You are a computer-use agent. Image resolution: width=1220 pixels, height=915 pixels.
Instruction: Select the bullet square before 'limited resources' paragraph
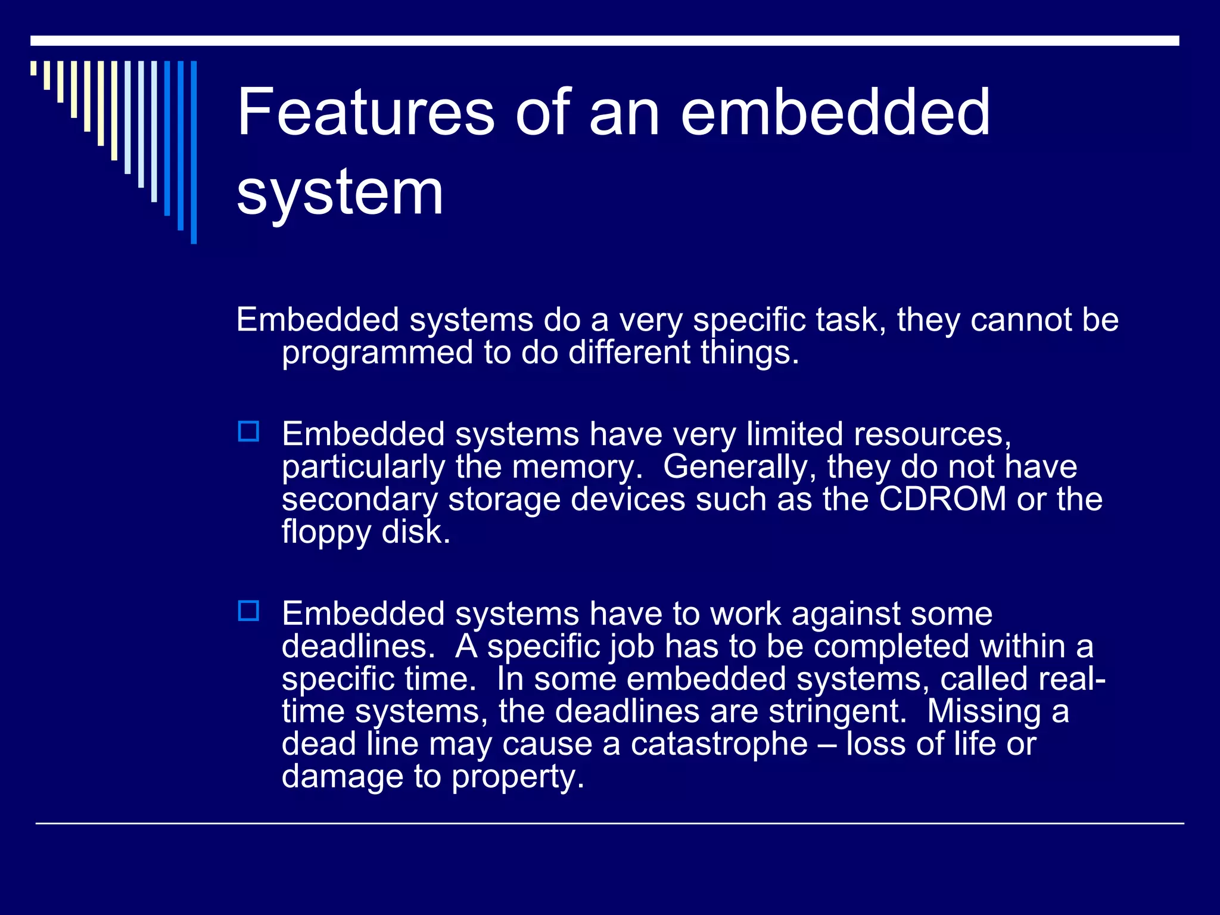tap(248, 431)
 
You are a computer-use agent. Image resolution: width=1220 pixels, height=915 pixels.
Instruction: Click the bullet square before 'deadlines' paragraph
tap(248, 611)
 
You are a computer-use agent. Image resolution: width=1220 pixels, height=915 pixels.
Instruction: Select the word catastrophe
tap(719, 744)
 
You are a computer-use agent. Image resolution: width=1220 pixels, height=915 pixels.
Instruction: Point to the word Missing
tap(983, 711)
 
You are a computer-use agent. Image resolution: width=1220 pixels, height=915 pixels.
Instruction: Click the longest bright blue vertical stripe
tap(194, 152)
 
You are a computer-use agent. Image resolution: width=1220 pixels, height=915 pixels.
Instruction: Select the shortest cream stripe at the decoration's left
tap(33, 68)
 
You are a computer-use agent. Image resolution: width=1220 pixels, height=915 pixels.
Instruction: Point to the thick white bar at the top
tap(604, 41)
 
